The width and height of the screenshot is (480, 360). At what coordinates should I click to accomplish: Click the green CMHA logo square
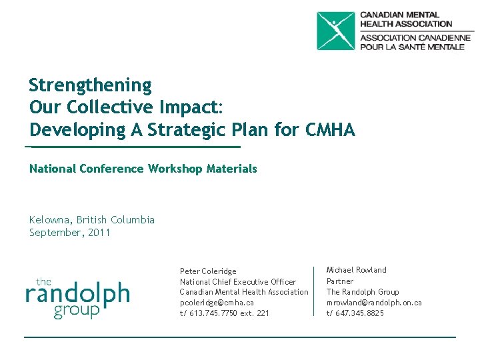[x=336, y=31]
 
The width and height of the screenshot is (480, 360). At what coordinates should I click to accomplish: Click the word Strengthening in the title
[x=91, y=85]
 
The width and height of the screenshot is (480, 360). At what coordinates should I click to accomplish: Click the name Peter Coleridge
[x=208, y=271]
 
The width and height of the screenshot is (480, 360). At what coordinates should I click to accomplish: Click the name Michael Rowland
[x=356, y=270]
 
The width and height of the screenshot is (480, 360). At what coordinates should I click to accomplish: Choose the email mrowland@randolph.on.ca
[x=373, y=303]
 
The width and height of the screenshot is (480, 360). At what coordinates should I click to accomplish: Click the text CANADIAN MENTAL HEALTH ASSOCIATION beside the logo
[x=406, y=19]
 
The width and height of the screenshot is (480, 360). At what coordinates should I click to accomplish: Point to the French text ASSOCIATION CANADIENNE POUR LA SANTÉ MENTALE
[x=415, y=42]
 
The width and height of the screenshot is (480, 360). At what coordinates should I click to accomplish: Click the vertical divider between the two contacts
[x=314, y=291]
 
